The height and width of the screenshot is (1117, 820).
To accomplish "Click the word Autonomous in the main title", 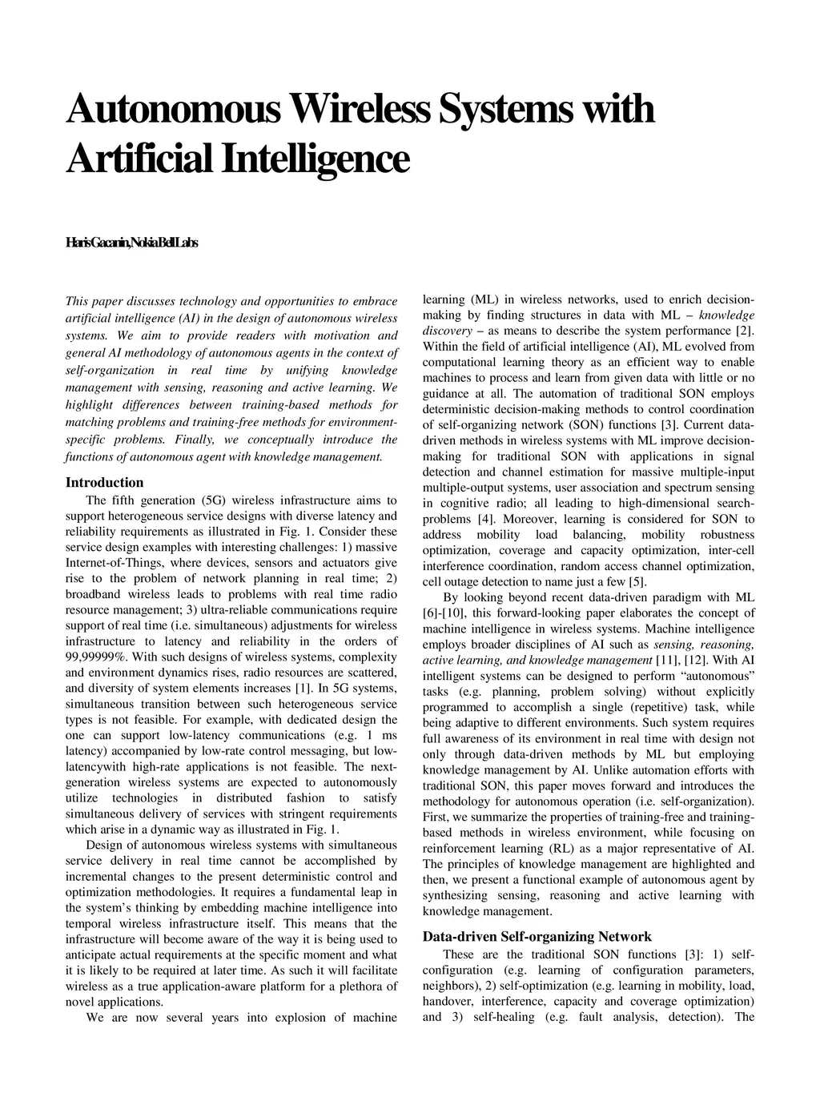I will [172, 110].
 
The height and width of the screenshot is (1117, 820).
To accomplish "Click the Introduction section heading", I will [104, 482].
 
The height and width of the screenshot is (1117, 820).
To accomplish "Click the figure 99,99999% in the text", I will [95, 657].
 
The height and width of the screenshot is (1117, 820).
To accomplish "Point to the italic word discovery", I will [447, 331].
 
